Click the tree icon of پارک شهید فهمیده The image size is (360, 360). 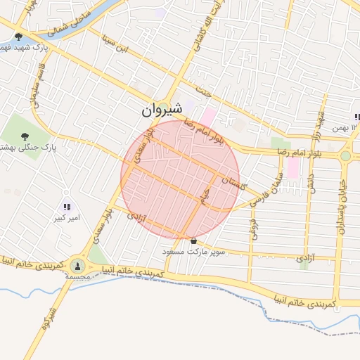(18, 36)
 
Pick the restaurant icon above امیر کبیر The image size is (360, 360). (67, 207)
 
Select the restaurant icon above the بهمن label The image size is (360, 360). (356, 117)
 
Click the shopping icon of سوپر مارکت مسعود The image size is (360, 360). (193, 240)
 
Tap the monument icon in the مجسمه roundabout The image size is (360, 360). (77, 266)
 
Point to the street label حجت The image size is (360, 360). (205, 91)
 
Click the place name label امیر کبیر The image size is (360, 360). (67, 218)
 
